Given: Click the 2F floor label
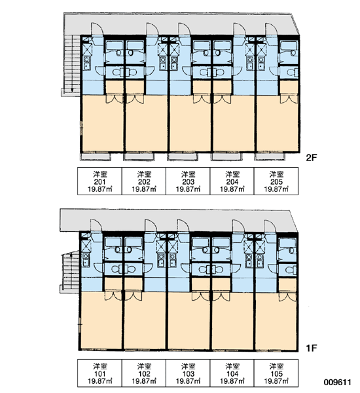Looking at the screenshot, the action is (312, 158).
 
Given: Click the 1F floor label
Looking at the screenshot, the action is (312, 348).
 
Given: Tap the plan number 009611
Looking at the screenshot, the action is (338, 383).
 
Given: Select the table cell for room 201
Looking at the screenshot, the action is (99, 181).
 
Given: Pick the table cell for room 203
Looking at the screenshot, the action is (188, 181).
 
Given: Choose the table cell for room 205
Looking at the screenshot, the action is (276, 181).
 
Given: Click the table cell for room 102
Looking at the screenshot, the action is (144, 373).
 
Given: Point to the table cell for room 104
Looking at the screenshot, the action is (232, 373).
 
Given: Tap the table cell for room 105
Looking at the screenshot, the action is (276, 373).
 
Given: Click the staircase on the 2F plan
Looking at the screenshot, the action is (72, 65).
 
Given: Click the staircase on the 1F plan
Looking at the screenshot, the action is (70, 272).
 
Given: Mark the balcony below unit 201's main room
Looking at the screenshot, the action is (96, 157).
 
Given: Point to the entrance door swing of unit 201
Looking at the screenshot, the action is (97, 29).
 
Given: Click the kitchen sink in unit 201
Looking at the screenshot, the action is (86, 63).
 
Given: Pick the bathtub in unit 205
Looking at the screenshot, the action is (289, 46).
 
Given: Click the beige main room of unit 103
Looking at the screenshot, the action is (189, 320).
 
